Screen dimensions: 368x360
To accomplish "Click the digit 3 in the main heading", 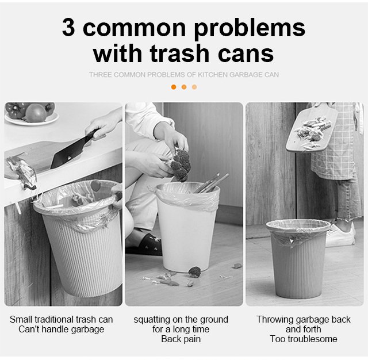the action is [x=68, y=27].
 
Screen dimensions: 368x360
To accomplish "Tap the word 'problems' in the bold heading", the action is [x=249, y=29].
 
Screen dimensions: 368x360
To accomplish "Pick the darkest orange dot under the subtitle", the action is [x=174, y=87].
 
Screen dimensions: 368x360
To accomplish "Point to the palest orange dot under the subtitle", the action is [x=194, y=87].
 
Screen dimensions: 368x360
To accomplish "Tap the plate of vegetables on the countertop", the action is [x=32, y=114].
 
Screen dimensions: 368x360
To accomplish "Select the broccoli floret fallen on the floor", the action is [x=195, y=272].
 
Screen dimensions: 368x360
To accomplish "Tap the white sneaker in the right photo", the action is [x=340, y=235].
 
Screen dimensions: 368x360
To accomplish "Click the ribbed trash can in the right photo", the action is [x=298, y=258].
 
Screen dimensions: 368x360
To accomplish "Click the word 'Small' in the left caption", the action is [x=21, y=319].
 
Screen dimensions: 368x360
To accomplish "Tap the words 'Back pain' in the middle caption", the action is [x=181, y=339].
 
